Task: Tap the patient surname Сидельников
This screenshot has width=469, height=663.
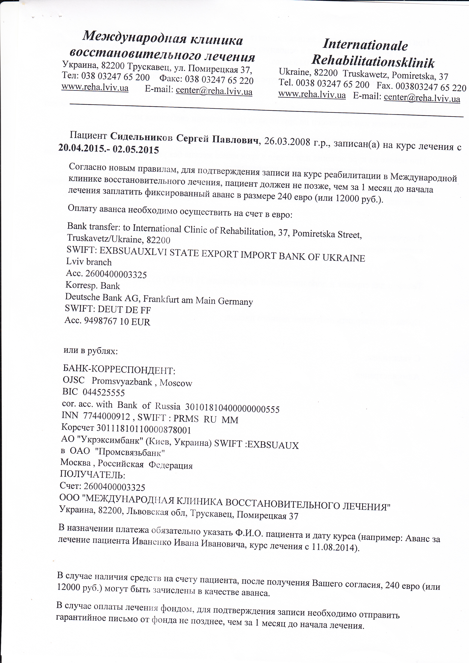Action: pyautogui.click(x=141, y=137)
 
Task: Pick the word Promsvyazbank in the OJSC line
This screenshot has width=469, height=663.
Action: pyautogui.click(x=122, y=382)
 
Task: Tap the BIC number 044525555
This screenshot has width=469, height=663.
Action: pyautogui.click(x=104, y=393)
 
